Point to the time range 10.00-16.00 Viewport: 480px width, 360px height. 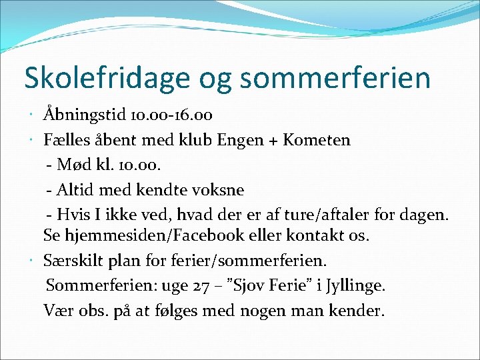tap(171, 115)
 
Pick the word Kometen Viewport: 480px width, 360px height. tap(317, 140)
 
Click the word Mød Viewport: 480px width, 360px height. tap(74, 165)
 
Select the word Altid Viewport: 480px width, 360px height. tap(77, 190)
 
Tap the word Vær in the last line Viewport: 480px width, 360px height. tap(57, 311)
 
